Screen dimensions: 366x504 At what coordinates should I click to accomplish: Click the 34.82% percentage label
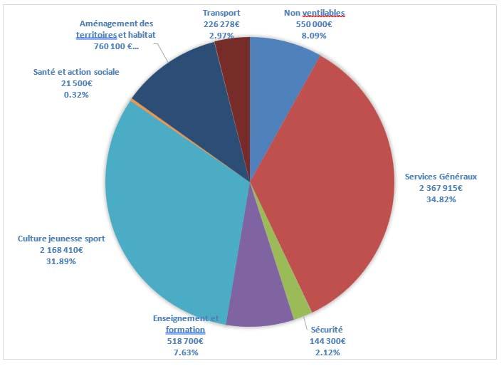point(441,199)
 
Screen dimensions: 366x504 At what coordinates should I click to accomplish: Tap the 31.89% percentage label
point(61,261)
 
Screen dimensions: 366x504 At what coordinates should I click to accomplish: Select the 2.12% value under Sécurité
point(328,352)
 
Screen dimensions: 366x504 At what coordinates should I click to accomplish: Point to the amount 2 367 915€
point(441,188)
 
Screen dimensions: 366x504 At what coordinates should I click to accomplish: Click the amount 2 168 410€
point(61,250)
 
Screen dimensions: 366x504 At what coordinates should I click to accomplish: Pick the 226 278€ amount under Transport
point(221,24)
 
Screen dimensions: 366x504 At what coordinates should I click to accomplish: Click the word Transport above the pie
point(221,13)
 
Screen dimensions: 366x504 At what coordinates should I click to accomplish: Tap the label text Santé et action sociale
point(76,72)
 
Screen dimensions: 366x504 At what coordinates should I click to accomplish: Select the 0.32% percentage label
point(76,95)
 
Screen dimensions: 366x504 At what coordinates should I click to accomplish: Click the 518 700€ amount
point(185,341)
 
